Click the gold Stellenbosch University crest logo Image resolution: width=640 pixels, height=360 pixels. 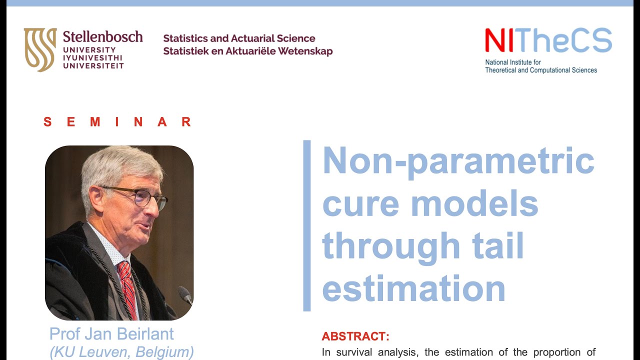40,49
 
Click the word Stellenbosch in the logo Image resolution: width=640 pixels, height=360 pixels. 102,36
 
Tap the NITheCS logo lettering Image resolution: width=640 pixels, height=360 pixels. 548,40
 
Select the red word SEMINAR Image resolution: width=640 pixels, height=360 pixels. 117,122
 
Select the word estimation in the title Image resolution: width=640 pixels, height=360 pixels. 413,288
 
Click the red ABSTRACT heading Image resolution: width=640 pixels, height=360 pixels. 355,336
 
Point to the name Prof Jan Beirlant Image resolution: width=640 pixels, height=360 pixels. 111,334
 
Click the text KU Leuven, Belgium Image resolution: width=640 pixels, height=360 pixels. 121,352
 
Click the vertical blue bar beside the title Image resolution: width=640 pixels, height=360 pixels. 307,225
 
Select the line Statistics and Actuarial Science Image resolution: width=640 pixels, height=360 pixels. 239,38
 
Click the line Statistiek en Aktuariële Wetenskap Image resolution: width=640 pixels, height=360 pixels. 247,51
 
